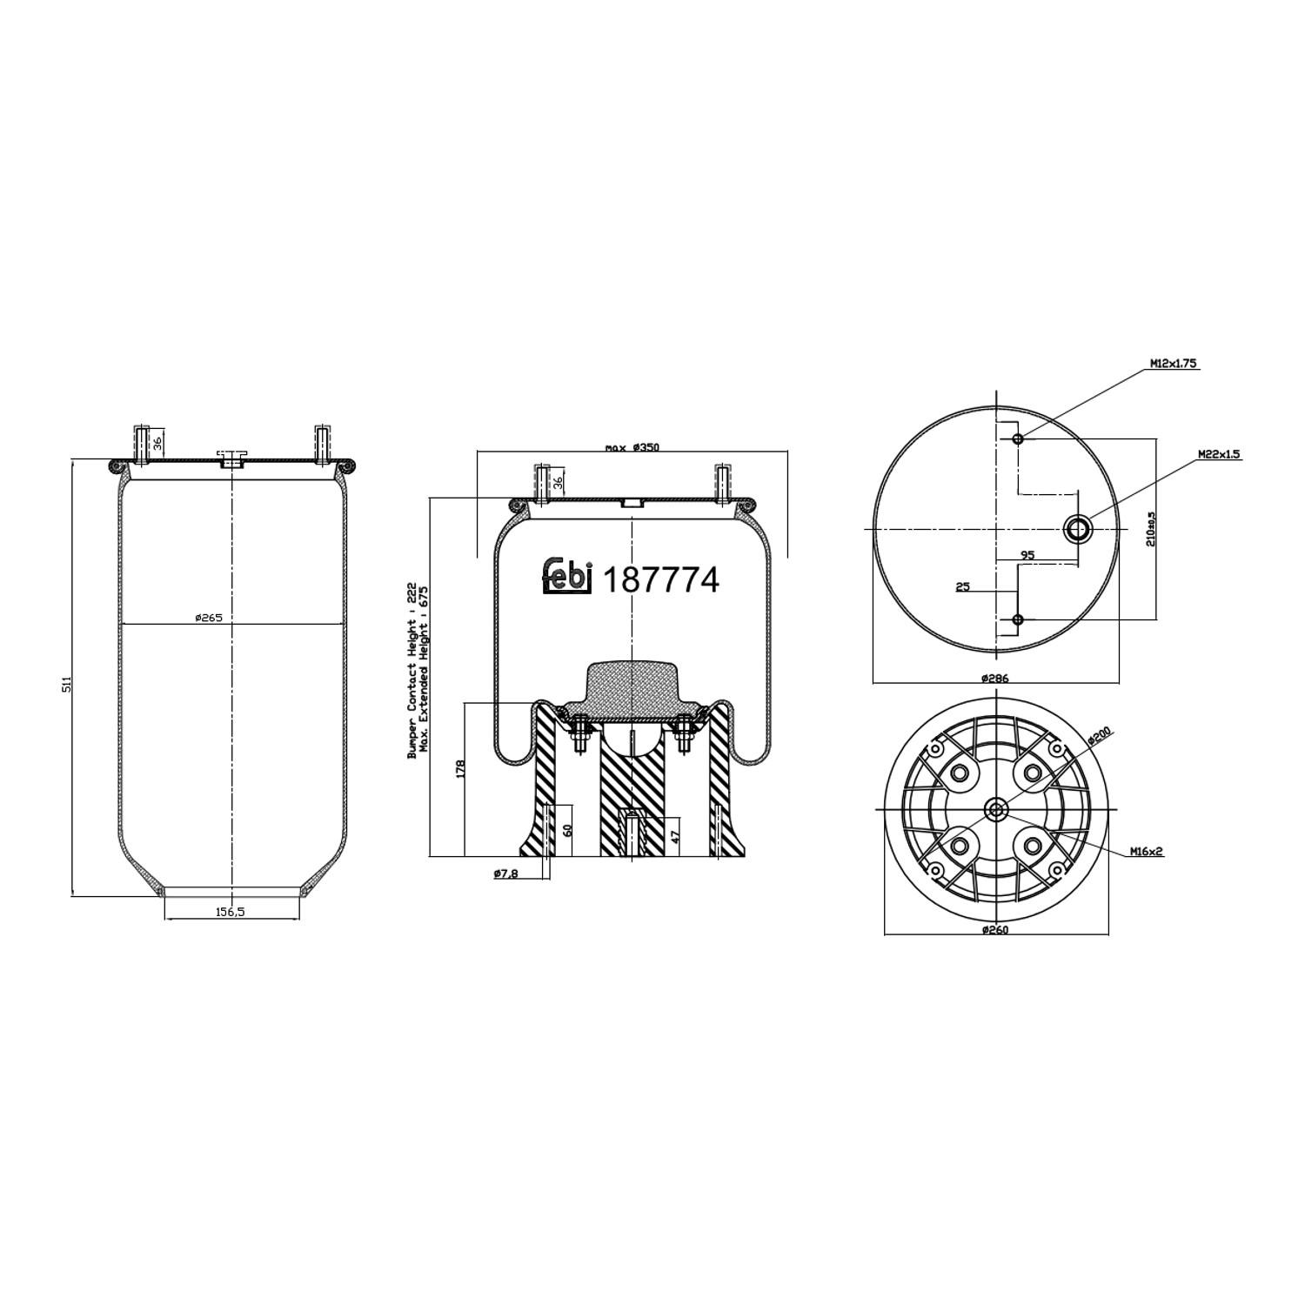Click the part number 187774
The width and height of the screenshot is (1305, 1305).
coord(661,579)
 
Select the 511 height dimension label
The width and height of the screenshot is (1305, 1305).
coord(65,683)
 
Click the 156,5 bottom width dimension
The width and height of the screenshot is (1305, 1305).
coord(231,912)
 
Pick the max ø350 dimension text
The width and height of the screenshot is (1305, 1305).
coord(632,447)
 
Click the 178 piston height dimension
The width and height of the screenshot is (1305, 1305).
coord(460,768)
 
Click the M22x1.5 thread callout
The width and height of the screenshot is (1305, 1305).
coord(1218,454)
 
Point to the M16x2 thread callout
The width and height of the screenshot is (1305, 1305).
coord(1147,852)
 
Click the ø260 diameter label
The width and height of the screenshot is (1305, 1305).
coord(994,929)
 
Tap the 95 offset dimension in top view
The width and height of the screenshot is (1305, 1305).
coord(1027,554)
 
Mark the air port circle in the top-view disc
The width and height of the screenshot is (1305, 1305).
coord(1079,528)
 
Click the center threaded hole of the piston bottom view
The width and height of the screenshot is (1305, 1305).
coord(995,810)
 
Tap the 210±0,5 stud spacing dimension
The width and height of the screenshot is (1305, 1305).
coord(1150,528)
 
